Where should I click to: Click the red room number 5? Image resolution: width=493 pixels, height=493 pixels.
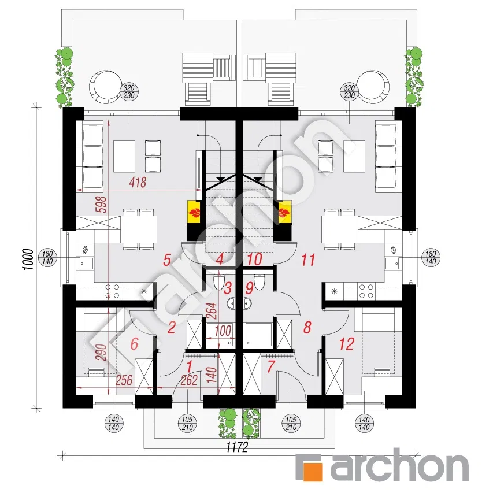pos(167,260)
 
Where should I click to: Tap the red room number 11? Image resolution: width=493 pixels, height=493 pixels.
pos(308,260)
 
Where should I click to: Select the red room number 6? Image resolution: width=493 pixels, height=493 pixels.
pos(134,343)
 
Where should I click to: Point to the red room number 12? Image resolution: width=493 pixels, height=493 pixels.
pos(346,344)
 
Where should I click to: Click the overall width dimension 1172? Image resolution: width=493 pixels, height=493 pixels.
pos(237,447)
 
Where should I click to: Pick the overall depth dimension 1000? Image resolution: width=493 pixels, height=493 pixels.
pos(28,259)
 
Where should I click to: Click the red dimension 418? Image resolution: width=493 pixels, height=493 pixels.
pos(138,183)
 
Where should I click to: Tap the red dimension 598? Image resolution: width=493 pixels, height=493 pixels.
pos(102,205)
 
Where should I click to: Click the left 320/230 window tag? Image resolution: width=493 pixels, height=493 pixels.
pos(129,91)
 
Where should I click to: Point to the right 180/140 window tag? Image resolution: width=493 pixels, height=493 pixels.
pos(431,258)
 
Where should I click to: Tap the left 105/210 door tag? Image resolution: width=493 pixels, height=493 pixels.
pos(187,423)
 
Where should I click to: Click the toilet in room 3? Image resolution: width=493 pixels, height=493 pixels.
pos(218,281)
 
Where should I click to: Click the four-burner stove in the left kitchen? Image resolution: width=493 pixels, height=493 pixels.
pos(113,291)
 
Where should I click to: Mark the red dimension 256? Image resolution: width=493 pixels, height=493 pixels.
pos(124,380)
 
